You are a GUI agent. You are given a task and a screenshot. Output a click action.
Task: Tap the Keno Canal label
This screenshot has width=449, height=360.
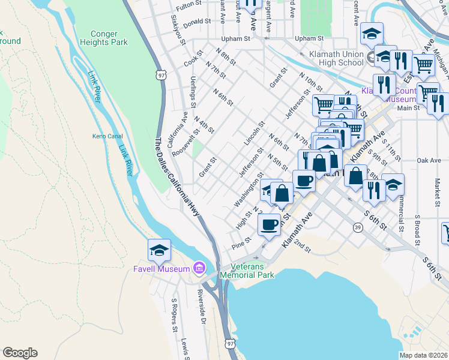[x=107, y=136]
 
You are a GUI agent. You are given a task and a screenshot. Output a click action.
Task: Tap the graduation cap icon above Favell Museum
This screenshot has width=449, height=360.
[x=160, y=250]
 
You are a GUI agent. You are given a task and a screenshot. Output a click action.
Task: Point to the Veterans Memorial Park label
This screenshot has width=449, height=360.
[x=247, y=271]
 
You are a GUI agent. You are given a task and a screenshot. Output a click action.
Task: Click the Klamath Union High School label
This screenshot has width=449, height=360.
[x=336, y=59]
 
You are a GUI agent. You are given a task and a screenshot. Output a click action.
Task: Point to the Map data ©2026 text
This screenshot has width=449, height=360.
[x=423, y=355]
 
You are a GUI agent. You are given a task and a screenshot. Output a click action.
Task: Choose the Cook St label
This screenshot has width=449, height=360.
[x=194, y=61]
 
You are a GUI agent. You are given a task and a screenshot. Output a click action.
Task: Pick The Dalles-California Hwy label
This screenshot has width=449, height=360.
[x=178, y=181]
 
